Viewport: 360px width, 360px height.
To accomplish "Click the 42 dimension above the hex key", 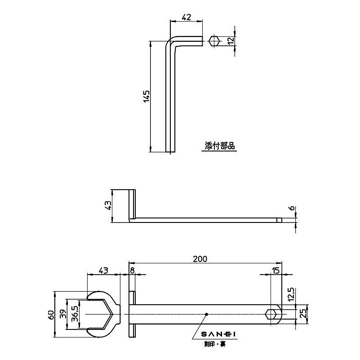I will (x=187, y=18).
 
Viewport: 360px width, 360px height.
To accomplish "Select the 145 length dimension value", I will (x=146, y=97).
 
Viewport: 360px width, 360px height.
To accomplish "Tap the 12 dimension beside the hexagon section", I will (x=231, y=41).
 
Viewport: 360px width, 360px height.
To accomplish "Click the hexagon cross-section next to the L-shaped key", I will (x=214, y=41).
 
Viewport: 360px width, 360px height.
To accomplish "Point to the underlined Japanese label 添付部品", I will (x=220, y=146).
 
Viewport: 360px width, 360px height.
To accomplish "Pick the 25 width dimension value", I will (x=303, y=313).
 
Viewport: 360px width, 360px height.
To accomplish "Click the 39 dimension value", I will (x=63, y=315).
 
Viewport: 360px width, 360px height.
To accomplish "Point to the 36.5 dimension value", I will (x=75, y=314).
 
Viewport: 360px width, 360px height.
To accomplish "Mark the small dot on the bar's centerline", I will (x=206, y=314).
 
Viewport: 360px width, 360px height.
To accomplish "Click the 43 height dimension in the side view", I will (x=107, y=205).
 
